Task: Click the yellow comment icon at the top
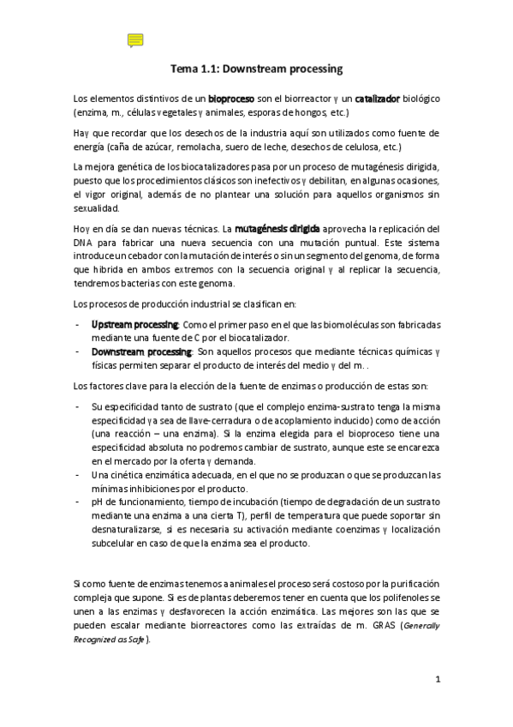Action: tap(134, 40)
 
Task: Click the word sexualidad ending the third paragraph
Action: tap(96, 207)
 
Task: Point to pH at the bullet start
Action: tap(97, 501)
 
